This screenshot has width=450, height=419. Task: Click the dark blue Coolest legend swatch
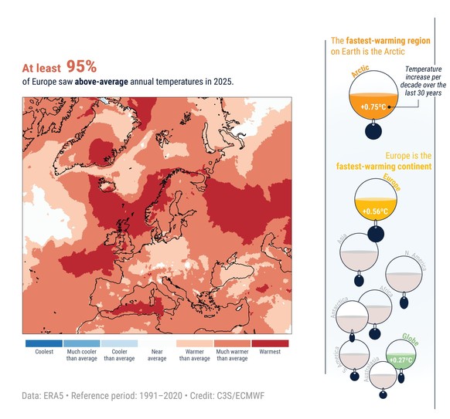(43, 343)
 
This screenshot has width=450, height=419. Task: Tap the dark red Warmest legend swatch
(270, 343)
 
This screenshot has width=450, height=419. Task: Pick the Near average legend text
(156, 354)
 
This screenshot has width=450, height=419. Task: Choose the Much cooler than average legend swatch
(81, 343)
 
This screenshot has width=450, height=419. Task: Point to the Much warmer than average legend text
(232, 354)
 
